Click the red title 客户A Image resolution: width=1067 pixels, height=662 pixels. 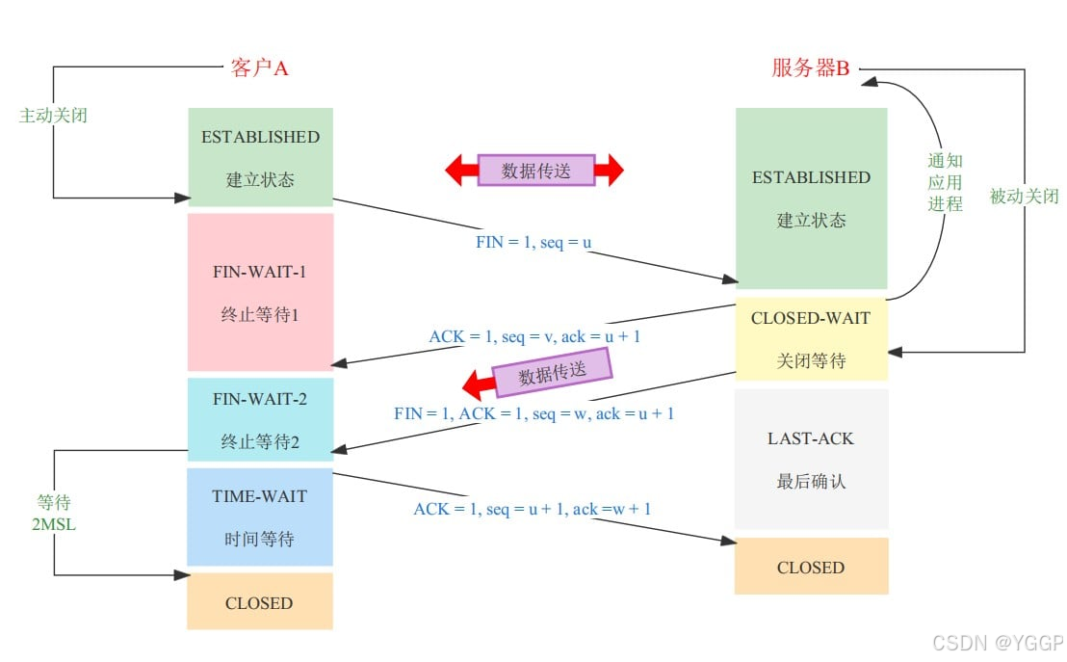(259, 67)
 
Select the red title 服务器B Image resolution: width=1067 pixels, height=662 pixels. (811, 67)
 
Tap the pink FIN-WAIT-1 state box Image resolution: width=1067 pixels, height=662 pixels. (260, 292)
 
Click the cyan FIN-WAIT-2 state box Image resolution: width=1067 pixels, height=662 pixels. (260, 418)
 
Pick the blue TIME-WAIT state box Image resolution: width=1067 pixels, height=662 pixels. (260, 516)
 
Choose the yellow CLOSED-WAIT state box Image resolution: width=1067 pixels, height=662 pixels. (811, 339)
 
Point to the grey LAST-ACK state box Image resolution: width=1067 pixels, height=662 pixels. (811, 459)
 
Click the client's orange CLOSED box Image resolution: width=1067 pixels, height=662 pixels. (259, 602)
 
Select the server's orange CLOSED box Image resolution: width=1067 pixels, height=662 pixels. (811, 567)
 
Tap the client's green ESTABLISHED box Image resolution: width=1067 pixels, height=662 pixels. (260, 157)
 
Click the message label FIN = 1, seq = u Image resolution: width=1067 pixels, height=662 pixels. (533, 242)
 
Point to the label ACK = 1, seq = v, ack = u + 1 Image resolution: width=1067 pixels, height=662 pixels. (534, 337)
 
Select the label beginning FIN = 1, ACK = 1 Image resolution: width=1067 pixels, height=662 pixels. (533, 413)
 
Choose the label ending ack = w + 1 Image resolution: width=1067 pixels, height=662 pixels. (533, 508)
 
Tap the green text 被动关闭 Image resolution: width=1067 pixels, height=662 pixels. (1025, 197)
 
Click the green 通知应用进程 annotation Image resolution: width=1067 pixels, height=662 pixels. (945, 182)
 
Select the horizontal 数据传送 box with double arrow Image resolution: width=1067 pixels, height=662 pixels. (535, 171)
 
